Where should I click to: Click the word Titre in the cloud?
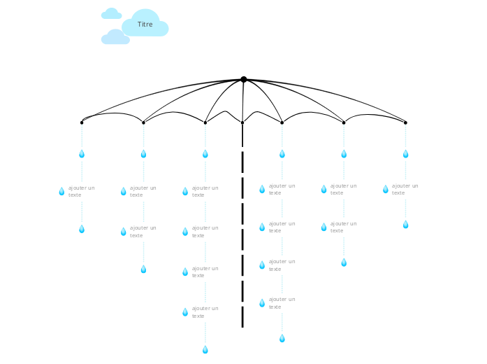pos(145,24)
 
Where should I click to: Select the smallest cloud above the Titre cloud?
pos(112,13)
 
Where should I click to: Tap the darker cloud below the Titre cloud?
pos(115,37)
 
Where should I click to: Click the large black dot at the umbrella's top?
pos(244,79)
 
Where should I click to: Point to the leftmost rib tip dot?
pos(82,122)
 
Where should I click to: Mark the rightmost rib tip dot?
pos(405,122)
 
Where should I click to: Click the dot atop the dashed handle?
pos(242,122)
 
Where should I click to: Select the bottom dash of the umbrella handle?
pos(242,316)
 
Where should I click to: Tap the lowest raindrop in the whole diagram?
pos(205,350)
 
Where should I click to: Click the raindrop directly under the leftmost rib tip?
pos(82,154)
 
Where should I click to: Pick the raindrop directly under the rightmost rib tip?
pos(406,154)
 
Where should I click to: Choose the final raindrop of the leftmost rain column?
pos(82,229)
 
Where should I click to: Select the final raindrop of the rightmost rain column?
pos(406,224)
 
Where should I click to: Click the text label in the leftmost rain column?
pos(81,191)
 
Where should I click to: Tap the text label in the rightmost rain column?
pos(405,189)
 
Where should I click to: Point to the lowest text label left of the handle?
pos(205,312)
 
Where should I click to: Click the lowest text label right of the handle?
pos(282,303)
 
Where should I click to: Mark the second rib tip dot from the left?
pos(143,122)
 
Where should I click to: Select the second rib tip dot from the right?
pos(344,122)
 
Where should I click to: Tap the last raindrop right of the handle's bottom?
pos(282,338)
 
